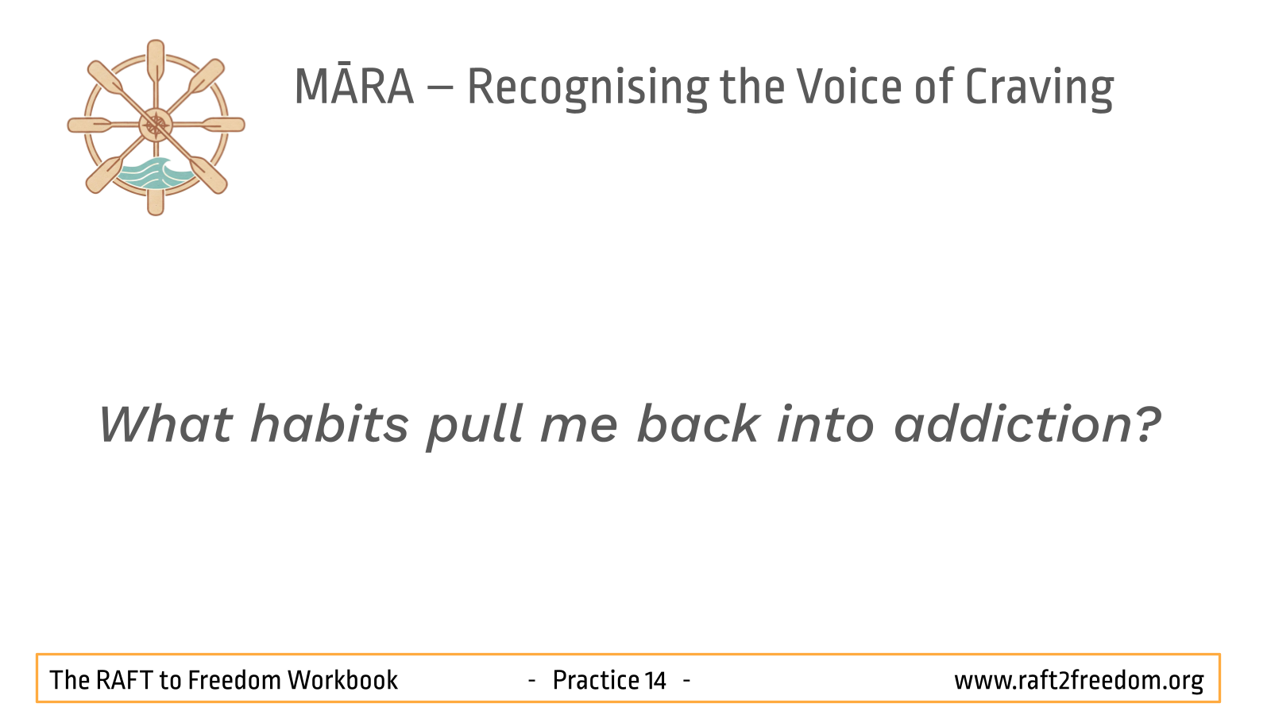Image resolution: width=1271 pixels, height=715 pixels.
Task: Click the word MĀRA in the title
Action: (x=354, y=87)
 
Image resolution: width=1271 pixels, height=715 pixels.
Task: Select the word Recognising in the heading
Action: (x=588, y=89)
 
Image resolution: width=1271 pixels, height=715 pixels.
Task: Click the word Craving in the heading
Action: (x=1040, y=89)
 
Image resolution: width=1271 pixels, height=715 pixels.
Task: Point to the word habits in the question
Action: (x=329, y=424)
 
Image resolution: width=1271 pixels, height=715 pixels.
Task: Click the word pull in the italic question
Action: (x=474, y=427)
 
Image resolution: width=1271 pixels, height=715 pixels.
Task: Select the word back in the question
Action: (x=698, y=424)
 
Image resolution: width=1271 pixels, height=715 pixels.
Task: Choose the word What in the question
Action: (x=165, y=424)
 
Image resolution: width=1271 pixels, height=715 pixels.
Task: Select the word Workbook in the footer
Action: (x=342, y=680)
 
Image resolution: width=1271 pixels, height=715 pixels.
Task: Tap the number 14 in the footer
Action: (x=655, y=680)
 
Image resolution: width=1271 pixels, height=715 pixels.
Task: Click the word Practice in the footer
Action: (x=596, y=680)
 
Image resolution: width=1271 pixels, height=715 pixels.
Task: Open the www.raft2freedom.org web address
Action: (x=1079, y=681)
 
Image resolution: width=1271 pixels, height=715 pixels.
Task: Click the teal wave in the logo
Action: (x=154, y=173)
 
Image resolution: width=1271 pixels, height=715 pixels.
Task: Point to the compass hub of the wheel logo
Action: (x=156, y=125)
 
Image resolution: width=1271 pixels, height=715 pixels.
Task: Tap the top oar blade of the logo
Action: (x=156, y=60)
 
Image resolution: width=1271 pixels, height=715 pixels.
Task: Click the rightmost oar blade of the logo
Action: (x=224, y=125)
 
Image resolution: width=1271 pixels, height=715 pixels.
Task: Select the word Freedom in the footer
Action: (x=234, y=680)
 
